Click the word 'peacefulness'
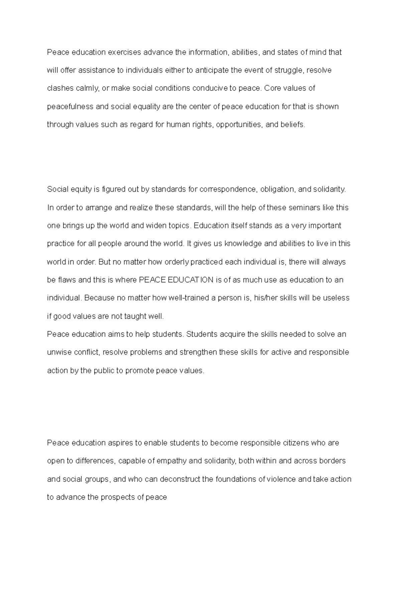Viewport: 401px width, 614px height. (70, 107)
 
